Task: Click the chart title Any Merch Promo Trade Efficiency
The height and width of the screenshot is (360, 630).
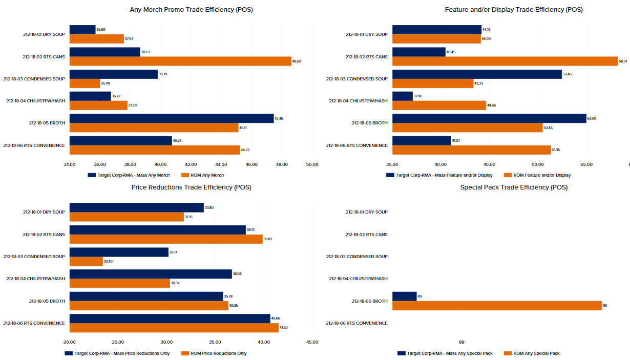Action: coord(191,10)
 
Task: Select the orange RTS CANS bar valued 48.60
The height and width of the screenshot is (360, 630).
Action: coord(180,61)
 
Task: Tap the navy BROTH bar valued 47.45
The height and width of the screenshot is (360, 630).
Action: coord(172,118)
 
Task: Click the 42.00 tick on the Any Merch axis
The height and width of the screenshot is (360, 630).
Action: coord(191,164)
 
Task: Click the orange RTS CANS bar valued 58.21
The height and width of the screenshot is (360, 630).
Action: coord(505,61)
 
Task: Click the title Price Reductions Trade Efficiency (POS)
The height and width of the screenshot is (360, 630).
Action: coord(191,187)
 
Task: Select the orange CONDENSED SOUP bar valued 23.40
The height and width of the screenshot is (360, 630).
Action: coord(86,261)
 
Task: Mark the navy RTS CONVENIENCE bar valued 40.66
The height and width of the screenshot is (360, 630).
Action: coord(170,319)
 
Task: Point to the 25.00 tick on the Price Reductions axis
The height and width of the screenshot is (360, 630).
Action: coord(118,342)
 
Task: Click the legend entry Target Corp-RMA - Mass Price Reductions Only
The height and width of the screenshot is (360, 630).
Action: coord(122,353)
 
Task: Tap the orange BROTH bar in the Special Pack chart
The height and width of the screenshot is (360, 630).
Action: coord(497,305)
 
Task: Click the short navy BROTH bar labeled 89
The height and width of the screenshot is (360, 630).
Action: coord(404,296)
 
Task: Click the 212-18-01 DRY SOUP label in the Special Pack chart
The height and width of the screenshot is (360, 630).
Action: coord(366,212)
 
